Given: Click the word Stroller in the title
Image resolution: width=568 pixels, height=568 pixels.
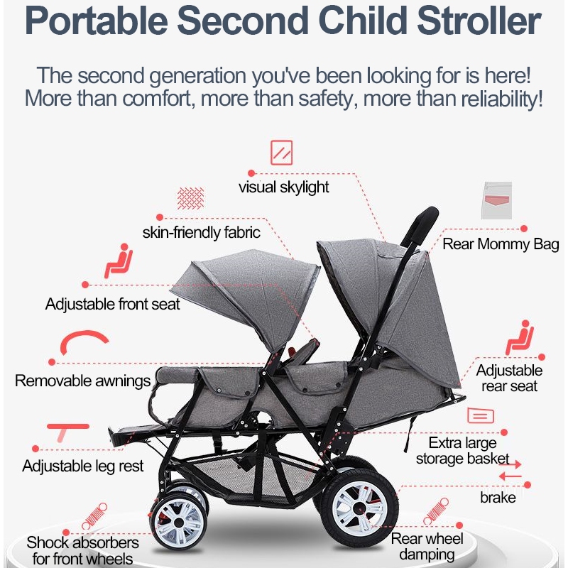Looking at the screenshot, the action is coord(479,21).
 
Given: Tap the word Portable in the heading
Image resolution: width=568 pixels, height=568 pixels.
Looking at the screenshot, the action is coord(97,21).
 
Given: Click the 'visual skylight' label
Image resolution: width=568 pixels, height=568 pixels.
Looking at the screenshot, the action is coord(283,187).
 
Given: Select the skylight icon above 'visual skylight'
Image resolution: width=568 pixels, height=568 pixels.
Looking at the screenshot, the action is coord(281,153).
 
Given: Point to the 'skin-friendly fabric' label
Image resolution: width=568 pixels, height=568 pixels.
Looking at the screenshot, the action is coord(201,232).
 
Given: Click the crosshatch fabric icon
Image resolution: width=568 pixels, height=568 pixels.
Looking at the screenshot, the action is coord(190,198).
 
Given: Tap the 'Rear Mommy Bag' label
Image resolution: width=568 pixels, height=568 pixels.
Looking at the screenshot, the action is coord(501,244).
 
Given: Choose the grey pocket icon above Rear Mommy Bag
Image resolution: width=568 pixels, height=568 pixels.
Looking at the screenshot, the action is coord(496,200).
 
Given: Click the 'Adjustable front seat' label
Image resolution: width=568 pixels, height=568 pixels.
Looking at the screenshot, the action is coord(112,304).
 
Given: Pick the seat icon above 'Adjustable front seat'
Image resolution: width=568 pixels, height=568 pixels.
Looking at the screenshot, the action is coord(118,261).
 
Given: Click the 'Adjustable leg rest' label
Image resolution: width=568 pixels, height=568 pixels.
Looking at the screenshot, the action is coord(82,466).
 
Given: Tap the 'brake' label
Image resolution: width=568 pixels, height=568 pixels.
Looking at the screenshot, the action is coord(498,498).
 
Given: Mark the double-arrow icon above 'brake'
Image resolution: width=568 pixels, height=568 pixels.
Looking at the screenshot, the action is coord(510,470).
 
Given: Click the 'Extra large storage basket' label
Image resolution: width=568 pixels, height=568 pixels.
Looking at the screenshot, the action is coord(463,451).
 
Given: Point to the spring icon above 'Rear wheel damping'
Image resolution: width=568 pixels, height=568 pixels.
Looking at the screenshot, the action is coord(436,511).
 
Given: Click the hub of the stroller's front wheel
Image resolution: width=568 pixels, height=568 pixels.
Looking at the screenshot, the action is coord(179,523).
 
